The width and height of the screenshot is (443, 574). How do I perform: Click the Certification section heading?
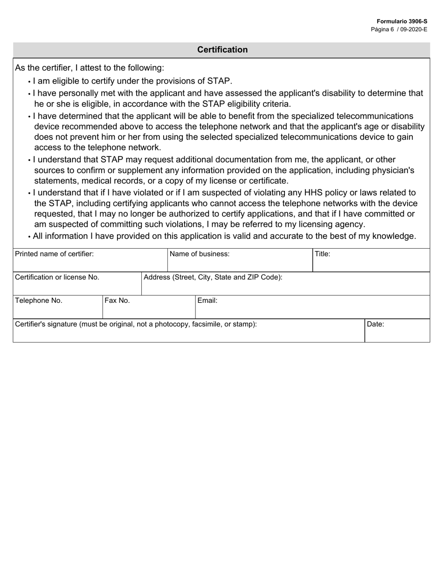coord(222,49)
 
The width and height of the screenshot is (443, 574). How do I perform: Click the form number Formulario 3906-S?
coord(402,21)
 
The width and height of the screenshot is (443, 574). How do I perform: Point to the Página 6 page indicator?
coord(382,29)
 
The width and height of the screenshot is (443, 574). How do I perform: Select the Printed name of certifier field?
coord(90,264)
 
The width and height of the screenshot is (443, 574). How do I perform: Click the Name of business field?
coord(240,264)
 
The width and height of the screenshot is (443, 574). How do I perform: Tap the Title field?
coord(371,264)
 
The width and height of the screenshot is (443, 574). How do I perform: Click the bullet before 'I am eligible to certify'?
coord(29,82)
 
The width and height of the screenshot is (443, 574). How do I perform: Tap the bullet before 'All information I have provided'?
coord(29,237)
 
